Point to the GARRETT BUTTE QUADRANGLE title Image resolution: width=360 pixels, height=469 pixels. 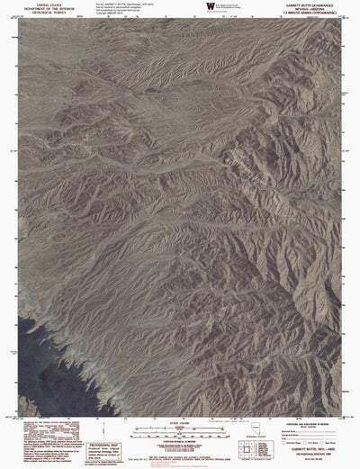pos(314,4)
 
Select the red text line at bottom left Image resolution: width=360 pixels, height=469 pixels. pos(45,445)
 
